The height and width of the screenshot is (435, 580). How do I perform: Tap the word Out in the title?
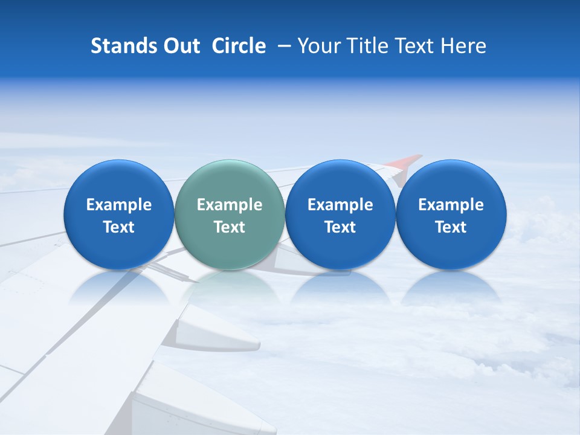pyautogui.click(x=179, y=46)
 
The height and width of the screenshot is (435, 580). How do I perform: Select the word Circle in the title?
pyautogui.click(x=239, y=46)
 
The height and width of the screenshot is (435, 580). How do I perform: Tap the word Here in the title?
pyautogui.click(x=463, y=46)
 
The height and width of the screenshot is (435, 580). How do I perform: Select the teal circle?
pyautogui.click(x=230, y=215)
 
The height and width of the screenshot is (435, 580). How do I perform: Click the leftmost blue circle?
pyautogui.click(x=119, y=215)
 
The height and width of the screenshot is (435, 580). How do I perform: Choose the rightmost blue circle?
pyautogui.click(x=451, y=215)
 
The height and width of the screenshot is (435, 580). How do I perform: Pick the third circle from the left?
pyautogui.click(x=340, y=215)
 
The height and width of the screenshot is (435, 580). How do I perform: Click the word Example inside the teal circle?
pyautogui.click(x=230, y=205)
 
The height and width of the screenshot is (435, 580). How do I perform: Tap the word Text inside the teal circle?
pyautogui.click(x=230, y=227)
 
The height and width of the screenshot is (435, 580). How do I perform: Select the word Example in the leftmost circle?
pyautogui.click(x=119, y=205)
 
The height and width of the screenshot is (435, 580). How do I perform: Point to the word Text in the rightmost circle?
pyautogui.click(x=451, y=227)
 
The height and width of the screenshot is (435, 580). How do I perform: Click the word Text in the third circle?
pyautogui.click(x=340, y=227)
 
